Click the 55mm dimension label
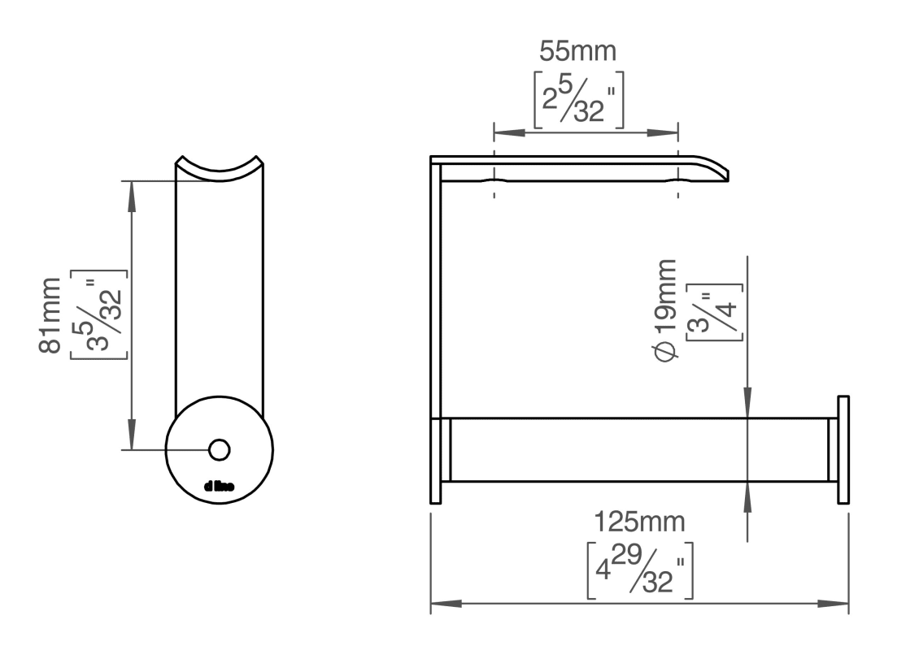pyautogui.click(x=578, y=51)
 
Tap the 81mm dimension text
pyautogui.click(x=50, y=315)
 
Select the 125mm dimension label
pyautogui.click(x=639, y=522)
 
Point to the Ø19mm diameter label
pyautogui.click(x=664, y=310)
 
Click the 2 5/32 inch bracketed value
pyautogui.click(x=578, y=100)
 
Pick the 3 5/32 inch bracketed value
pyautogui.click(x=98, y=314)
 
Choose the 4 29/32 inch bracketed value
pyautogui.click(x=640, y=570)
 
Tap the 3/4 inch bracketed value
pyautogui.click(x=714, y=312)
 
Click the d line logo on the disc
pyautogui.click(x=220, y=486)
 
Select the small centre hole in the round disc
pyautogui.click(x=220, y=450)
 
